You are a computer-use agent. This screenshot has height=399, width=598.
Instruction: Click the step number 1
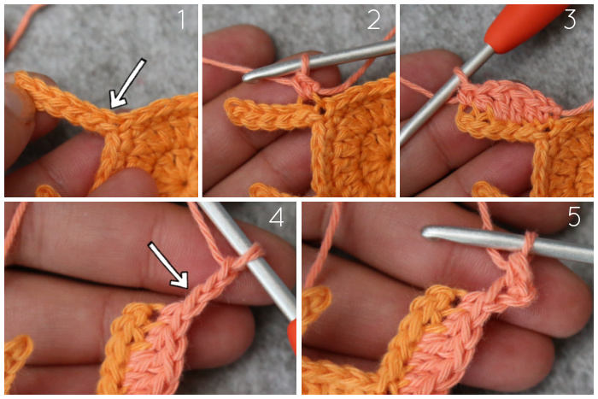[181, 20]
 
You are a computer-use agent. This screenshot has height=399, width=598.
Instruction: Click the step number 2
[374, 20]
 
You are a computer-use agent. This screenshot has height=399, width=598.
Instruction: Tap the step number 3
[570, 20]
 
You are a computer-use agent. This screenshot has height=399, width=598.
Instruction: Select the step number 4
[277, 217]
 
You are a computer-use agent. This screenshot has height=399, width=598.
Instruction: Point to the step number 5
[574, 217]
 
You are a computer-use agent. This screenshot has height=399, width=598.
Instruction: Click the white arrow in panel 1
[127, 83]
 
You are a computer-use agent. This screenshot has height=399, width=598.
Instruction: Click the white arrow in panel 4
[167, 264]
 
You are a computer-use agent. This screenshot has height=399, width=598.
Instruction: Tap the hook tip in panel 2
[247, 78]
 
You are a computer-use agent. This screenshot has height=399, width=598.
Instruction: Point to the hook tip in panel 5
[426, 232]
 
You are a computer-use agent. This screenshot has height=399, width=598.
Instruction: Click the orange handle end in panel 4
[292, 337]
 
